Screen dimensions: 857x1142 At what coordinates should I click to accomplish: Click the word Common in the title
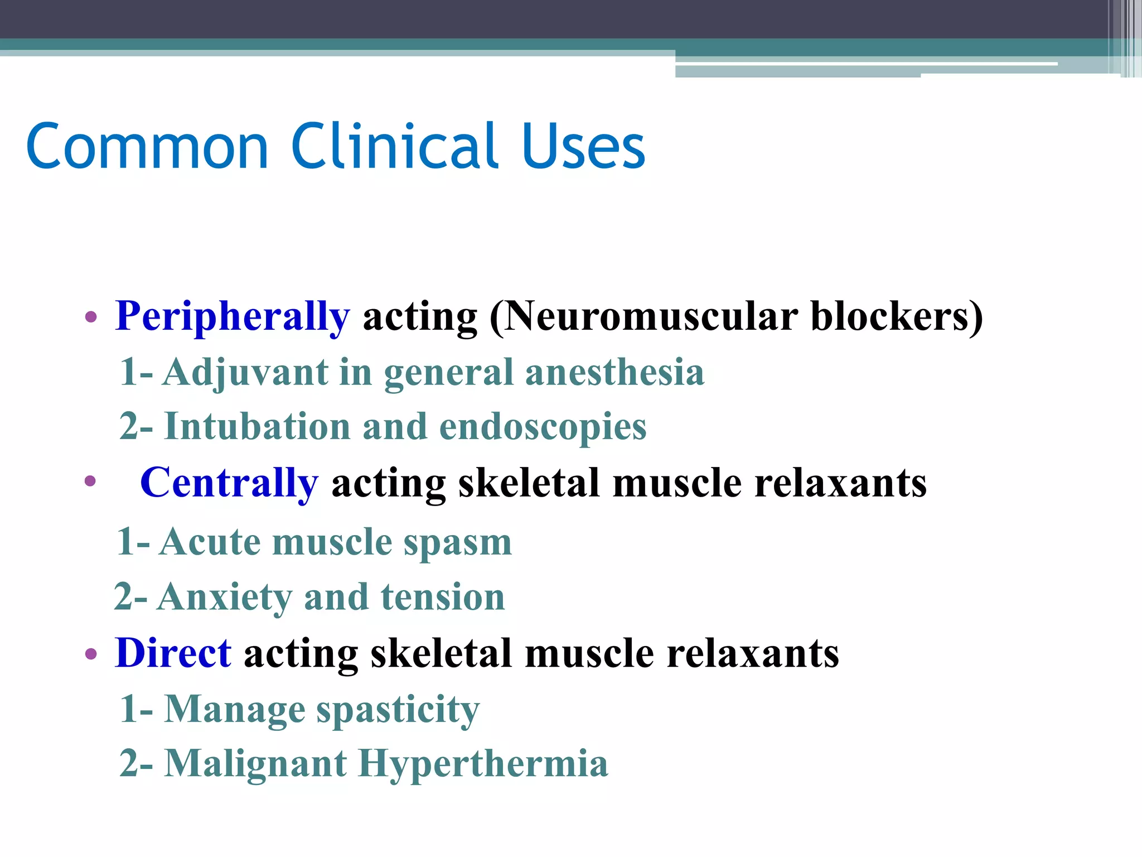(x=148, y=146)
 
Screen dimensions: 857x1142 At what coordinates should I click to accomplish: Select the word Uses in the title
(x=583, y=146)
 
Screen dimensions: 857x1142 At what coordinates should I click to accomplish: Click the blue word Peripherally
(x=233, y=317)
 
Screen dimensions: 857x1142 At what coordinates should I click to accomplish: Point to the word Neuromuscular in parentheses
(x=650, y=317)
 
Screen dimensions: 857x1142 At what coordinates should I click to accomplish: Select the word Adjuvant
(x=245, y=373)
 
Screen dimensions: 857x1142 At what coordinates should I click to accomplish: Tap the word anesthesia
(x=614, y=373)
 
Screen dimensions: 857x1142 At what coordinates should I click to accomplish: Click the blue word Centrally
(x=229, y=483)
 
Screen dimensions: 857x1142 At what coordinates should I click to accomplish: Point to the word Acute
(x=210, y=542)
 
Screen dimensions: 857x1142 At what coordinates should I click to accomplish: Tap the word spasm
(x=457, y=543)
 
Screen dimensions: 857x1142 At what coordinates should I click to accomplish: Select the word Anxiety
(x=224, y=598)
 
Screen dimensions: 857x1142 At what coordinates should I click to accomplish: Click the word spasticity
(x=398, y=710)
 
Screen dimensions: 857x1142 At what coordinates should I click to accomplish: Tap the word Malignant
(x=255, y=764)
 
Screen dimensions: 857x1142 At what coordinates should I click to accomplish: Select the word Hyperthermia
(x=482, y=764)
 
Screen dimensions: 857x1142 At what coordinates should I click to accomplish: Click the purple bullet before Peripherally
(x=91, y=318)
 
